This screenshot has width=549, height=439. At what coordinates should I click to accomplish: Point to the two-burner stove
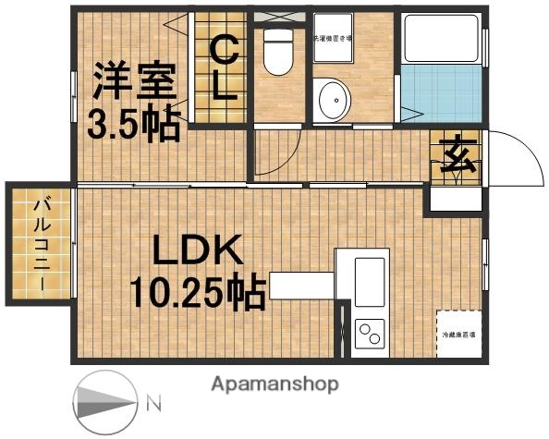370,330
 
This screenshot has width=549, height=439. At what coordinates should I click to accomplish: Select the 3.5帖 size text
132,124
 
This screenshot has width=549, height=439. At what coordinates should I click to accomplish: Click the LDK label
197,252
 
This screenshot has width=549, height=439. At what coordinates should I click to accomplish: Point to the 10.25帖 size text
196,293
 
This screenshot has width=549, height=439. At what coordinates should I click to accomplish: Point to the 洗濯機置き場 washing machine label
334,39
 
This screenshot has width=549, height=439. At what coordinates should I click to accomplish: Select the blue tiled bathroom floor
441,92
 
